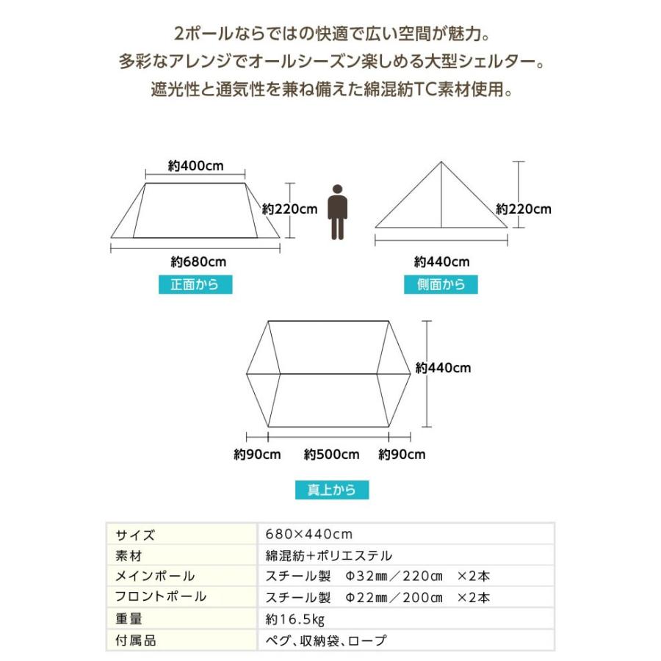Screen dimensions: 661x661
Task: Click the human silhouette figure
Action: click(x=337, y=212)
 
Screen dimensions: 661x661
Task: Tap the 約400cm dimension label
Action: click(x=195, y=165)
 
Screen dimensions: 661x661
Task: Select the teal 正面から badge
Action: click(x=195, y=285)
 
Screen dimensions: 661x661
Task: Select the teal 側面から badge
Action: click(x=441, y=285)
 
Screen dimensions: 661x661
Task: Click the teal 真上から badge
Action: click(x=331, y=490)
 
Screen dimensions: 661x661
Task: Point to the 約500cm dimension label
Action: click(x=332, y=455)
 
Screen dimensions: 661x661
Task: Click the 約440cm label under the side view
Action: click(x=441, y=261)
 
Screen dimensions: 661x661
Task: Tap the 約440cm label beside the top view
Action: click(x=443, y=368)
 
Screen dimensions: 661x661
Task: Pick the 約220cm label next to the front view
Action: click(x=290, y=209)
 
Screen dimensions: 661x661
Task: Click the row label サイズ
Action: click(x=135, y=534)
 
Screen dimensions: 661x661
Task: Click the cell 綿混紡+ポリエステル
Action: click(x=328, y=555)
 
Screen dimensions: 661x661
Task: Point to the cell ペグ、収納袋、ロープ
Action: click(x=325, y=640)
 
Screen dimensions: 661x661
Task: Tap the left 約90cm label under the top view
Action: click(x=257, y=455)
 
